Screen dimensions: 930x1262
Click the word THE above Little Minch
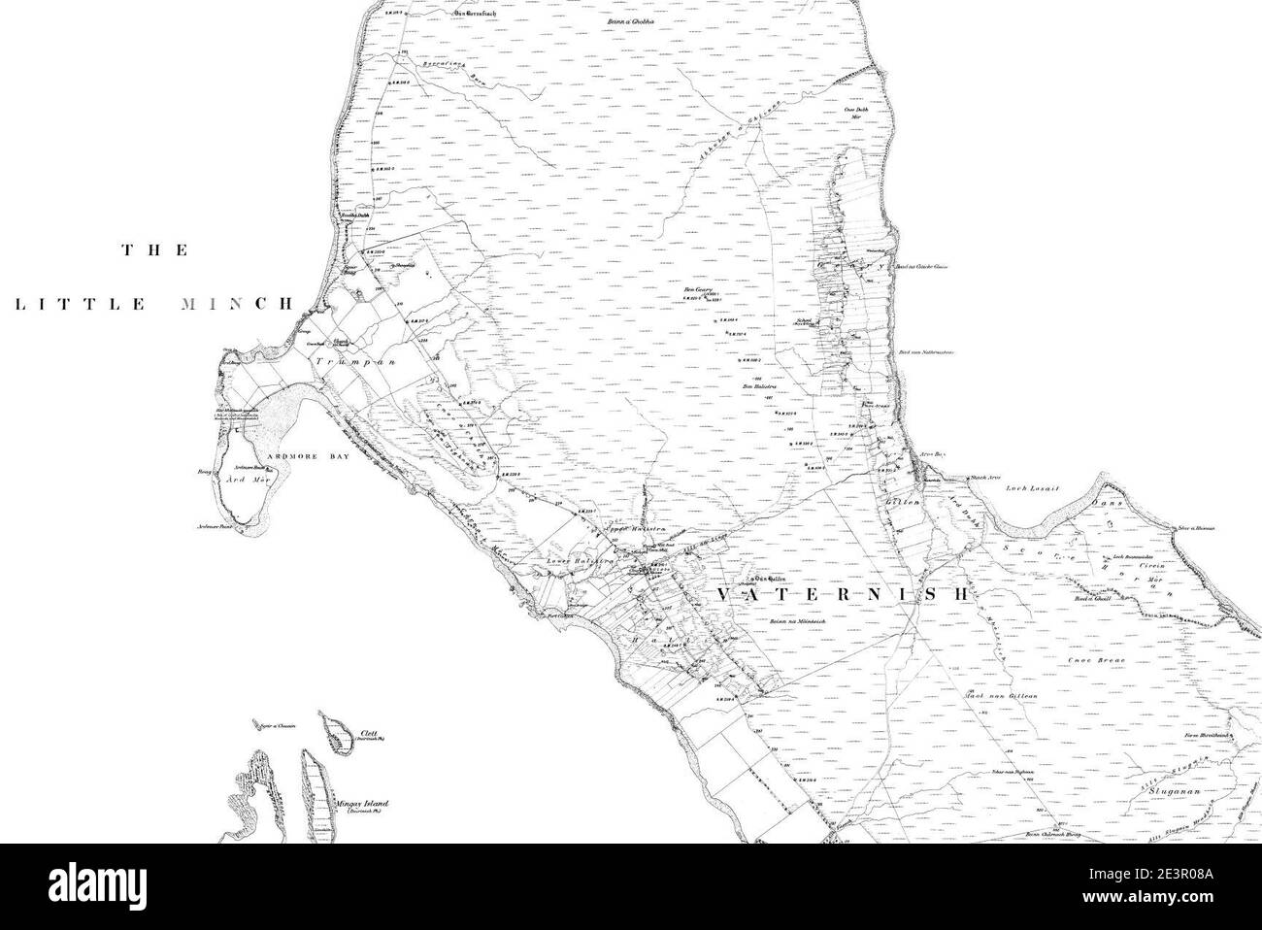coord(154,250)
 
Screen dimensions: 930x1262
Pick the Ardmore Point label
coord(216,529)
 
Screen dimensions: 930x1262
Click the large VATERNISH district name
coord(844,591)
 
